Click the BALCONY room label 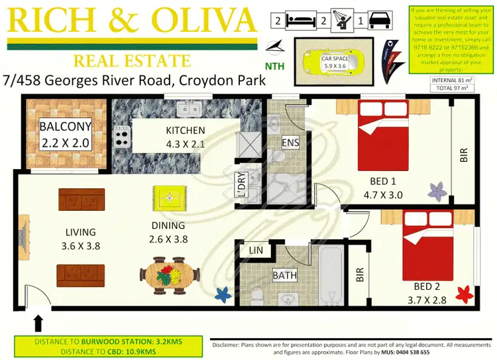(64, 126)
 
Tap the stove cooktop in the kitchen (122, 137)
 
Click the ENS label (290, 142)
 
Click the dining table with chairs (170, 274)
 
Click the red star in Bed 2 (464, 292)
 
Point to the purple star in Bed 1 (437, 192)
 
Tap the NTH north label (275, 66)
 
